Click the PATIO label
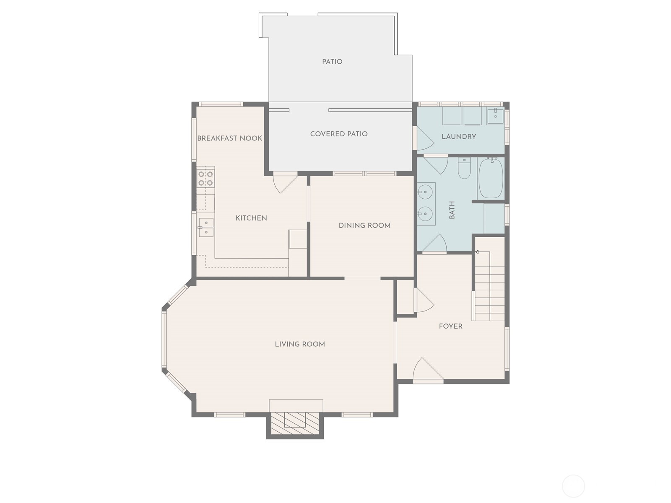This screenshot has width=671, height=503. click(332, 62)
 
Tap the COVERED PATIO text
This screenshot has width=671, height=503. click(339, 134)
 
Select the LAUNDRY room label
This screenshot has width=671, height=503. click(459, 136)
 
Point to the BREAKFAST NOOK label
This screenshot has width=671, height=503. click(229, 138)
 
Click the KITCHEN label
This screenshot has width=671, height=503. click(251, 218)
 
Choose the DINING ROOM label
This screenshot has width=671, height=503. click(364, 226)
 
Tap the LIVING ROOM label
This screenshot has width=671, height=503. click(300, 344)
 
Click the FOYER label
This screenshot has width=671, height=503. click(450, 326)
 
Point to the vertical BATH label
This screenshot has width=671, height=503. click(452, 210)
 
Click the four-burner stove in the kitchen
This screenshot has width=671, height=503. click(205, 178)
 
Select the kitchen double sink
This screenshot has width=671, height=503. click(206, 228)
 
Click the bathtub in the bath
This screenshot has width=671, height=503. click(491, 178)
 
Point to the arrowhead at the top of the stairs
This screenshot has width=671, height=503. click(477, 252)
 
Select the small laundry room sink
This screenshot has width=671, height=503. click(495, 115)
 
